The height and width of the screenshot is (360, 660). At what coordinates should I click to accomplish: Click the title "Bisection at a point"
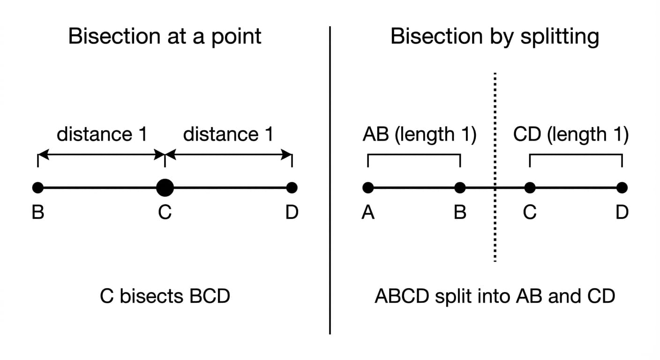click(165, 36)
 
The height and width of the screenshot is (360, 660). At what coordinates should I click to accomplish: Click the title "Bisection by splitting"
click(495, 36)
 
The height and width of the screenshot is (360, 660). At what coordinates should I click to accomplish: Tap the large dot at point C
click(165, 188)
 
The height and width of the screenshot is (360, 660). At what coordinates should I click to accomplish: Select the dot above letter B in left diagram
click(38, 188)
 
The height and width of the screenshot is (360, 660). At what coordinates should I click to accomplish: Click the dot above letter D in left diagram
click(292, 188)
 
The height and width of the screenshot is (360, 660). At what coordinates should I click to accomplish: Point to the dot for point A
click(368, 188)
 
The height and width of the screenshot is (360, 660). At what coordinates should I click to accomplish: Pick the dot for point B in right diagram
click(460, 188)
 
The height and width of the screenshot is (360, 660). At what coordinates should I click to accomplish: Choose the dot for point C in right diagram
click(530, 188)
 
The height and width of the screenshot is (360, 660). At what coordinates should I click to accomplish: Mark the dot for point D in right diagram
click(622, 188)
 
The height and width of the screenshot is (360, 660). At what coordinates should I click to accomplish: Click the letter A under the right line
click(368, 213)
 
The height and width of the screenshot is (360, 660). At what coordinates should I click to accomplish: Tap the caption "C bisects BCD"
click(165, 297)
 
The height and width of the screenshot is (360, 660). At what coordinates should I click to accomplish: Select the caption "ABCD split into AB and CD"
click(495, 297)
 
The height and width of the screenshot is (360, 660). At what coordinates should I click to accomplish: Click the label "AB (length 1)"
click(419, 135)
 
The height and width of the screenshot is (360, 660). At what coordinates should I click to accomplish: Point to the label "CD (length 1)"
click(570, 135)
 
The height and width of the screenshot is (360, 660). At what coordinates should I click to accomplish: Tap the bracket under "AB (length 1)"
click(414, 155)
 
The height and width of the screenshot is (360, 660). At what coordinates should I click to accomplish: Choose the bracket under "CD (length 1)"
click(576, 155)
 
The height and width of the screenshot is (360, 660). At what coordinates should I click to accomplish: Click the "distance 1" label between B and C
click(102, 135)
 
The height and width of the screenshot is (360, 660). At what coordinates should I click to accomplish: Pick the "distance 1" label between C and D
click(228, 135)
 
